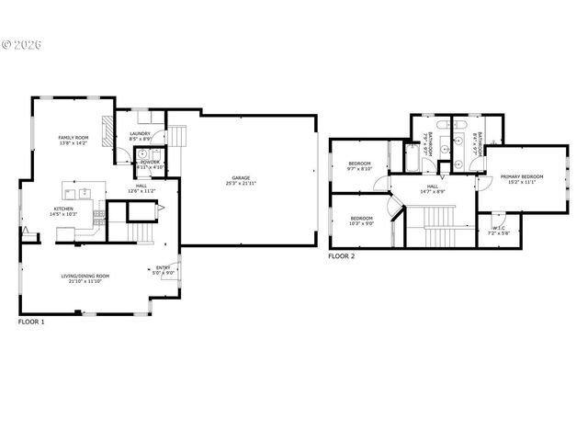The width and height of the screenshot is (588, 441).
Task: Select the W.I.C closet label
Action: pos(499,231)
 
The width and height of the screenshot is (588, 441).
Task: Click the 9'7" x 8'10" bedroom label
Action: pos(358,166)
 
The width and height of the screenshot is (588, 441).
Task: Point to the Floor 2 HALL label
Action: pos(432,189)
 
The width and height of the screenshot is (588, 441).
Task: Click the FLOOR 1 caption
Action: pos(31,322)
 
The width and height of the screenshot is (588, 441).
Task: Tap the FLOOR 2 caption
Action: pos(341,256)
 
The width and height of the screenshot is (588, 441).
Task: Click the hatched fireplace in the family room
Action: pos(107,132)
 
